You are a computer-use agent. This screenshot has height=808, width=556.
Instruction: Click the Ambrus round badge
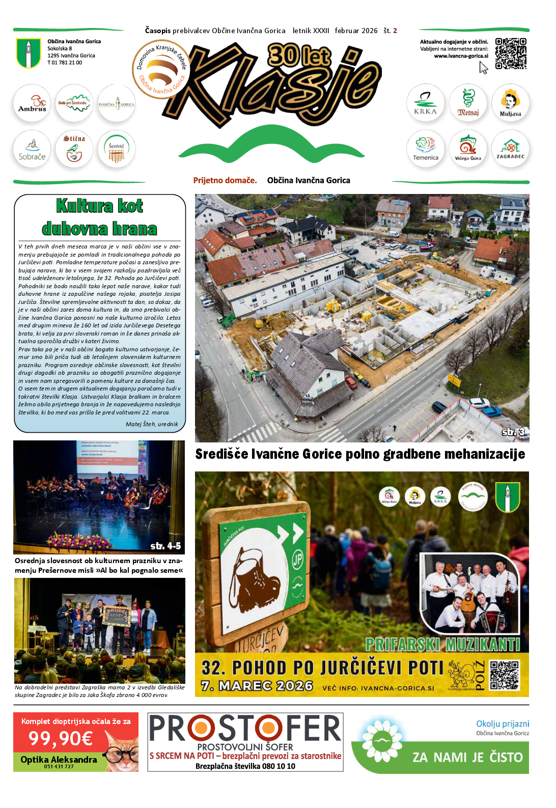pos(32,103)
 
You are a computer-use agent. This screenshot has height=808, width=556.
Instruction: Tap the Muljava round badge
pos(510,103)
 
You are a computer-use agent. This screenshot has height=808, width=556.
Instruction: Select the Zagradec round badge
pos(510,149)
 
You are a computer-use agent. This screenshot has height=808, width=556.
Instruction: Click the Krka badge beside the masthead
pos(425,103)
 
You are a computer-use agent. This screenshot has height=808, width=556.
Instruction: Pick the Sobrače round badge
pos(32,149)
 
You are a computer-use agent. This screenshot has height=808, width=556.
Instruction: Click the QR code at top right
pos(511,53)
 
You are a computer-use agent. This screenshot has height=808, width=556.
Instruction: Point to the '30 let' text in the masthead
pos(299,55)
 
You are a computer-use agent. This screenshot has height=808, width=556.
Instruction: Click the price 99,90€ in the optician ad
pos(61,738)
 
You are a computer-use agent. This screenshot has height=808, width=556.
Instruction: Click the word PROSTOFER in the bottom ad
pos(245,728)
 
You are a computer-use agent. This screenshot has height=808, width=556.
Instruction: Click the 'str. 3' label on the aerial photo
pos(513,432)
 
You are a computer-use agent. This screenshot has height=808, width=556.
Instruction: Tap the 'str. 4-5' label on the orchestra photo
pos(165,546)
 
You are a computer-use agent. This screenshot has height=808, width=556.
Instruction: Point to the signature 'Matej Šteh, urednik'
pos(152,424)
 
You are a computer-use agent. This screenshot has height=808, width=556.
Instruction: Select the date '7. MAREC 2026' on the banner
pos(257,686)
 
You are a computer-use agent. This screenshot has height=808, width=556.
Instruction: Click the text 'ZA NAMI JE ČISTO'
pos(467,758)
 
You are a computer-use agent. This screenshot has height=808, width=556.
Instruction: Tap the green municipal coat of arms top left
pos(29,53)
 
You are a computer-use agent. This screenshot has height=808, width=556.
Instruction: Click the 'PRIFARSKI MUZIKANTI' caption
pos(442,645)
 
